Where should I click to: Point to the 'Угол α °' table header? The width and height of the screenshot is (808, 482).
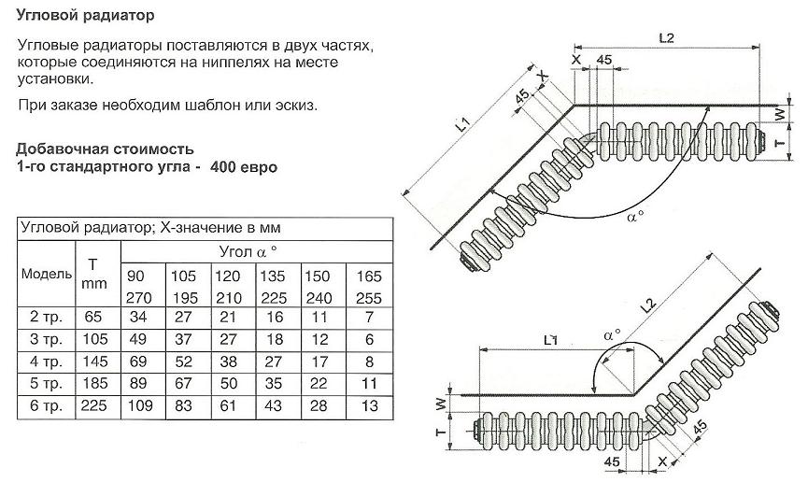pos(248,251)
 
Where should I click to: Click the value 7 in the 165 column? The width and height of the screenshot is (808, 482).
pos(370,317)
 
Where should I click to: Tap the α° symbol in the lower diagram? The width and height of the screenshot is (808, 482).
pos(613,334)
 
